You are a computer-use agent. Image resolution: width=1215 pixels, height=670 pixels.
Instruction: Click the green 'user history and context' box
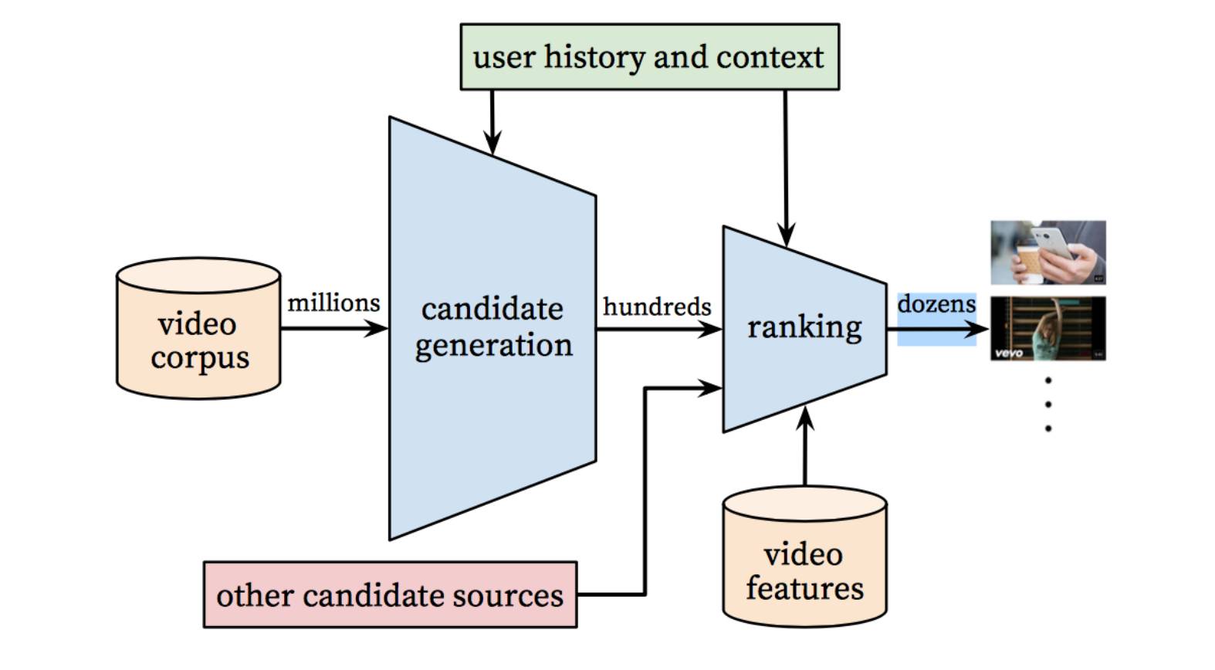tap(650, 57)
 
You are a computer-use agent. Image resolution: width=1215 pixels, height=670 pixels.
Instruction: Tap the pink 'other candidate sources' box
tap(390, 594)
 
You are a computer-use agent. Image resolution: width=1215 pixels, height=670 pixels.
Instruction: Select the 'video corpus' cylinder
tap(198, 329)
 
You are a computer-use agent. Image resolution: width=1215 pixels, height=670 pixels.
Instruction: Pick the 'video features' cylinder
tap(805, 557)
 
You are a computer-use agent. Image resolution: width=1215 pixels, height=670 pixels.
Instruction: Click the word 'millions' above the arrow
tap(333, 303)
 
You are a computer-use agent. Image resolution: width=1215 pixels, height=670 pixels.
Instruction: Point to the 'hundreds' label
tap(657, 306)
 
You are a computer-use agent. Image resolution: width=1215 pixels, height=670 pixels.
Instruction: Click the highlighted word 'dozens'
tap(937, 304)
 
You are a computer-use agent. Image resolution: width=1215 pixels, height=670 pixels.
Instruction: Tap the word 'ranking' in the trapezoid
tap(804, 328)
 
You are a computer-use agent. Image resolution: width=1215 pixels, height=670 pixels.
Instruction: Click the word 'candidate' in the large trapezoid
tap(492, 310)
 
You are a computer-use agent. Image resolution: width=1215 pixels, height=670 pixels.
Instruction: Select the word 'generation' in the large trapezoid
tap(493, 346)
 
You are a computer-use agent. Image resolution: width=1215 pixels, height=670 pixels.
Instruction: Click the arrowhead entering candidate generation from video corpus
tap(376, 328)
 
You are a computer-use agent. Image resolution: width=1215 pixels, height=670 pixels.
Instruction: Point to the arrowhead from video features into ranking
tap(805, 418)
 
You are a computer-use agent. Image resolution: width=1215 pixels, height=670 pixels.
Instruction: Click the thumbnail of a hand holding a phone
tap(1048, 252)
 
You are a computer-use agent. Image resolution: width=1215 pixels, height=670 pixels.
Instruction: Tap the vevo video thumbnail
tap(1048, 329)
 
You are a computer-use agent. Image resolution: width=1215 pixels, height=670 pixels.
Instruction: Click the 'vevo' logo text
tap(1009, 354)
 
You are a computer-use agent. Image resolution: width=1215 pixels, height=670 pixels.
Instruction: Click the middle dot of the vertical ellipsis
tap(1048, 404)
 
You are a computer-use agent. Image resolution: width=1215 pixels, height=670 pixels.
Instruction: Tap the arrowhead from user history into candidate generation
tap(492, 143)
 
